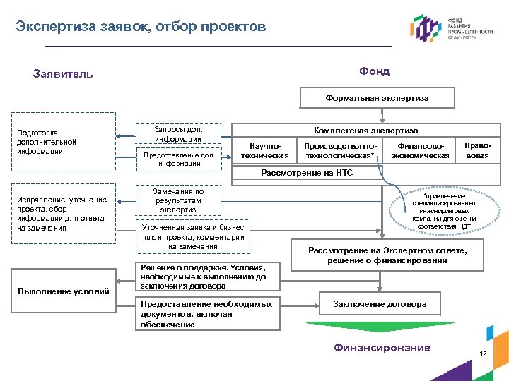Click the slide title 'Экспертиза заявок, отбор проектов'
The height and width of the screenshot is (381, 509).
pyautogui.click(x=141, y=27)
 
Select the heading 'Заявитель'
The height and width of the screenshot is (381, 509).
pyautogui.click(x=63, y=73)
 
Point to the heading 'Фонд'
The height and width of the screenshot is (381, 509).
pyautogui.click(x=374, y=71)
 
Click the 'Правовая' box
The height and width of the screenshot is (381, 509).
pyautogui.click(x=476, y=150)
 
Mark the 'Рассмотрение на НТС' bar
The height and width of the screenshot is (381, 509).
pyautogui.click(x=308, y=173)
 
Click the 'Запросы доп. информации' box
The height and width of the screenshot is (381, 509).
pyautogui.click(x=178, y=134)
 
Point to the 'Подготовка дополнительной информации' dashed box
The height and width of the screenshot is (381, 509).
pyautogui.click(x=63, y=142)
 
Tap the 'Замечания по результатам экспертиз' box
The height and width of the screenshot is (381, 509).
pyautogui.click(x=178, y=200)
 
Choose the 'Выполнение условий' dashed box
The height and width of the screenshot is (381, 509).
pyautogui.click(x=63, y=291)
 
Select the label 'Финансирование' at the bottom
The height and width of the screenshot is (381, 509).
pyautogui.click(x=382, y=348)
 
